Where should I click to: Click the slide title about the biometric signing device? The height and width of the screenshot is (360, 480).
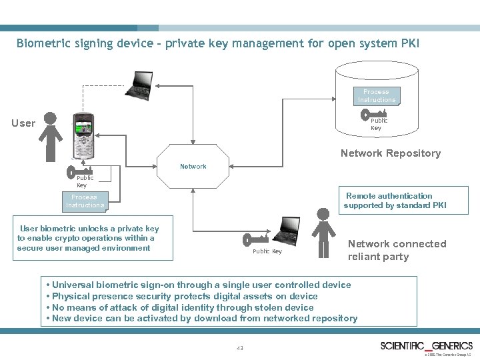pos(218,44)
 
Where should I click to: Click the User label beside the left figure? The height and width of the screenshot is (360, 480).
pos(23,123)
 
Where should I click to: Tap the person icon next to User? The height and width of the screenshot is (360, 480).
pos(51,136)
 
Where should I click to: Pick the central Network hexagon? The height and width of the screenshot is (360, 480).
pos(193,166)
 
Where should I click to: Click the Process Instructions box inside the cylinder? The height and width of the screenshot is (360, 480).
pos(376,95)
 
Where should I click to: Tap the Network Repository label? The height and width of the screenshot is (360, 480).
pos(390,153)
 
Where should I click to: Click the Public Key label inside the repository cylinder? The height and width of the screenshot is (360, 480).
pos(379,125)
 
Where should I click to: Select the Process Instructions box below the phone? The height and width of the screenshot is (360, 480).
pos(84,201)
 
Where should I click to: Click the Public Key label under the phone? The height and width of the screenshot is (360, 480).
pos(85,181)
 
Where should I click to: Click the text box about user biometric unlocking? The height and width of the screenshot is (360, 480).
pos(88,238)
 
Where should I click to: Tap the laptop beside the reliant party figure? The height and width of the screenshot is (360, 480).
pos(289,230)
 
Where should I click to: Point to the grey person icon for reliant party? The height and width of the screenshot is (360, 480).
pos(323,232)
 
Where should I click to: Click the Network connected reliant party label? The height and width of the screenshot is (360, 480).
pos(397,250)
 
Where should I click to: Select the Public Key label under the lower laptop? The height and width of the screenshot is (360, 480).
pos(267,251)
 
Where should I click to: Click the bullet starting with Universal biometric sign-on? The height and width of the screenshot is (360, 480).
pos(198,285)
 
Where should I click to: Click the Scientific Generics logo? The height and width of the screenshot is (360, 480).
pos(426,346)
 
